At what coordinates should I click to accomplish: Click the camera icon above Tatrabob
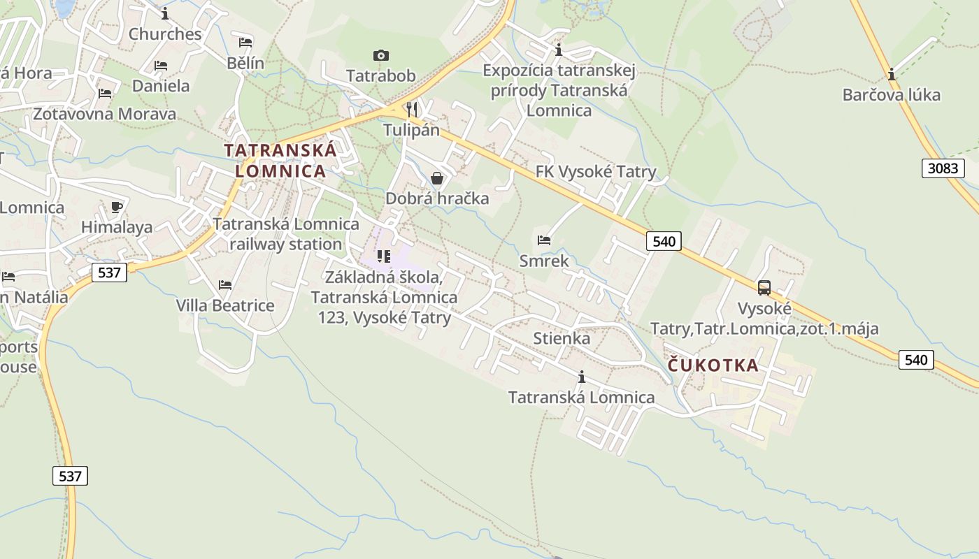click(x=380, y=55)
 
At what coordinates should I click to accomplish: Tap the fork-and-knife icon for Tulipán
click(x=412, y=109)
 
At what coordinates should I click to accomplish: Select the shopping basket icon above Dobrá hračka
click(x=437, y=178)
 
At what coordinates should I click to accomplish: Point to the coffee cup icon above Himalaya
click(x=117, y=207)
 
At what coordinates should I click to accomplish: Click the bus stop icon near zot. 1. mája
click(x=764, y=287)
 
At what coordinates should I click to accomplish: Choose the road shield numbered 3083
click(x=943, y=168)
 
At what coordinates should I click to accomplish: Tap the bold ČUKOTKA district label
click(x=713, y=365)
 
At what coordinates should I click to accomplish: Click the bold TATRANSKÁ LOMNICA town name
click(x=280, y=160)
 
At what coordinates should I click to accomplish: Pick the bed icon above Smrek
click(x=544, y=240)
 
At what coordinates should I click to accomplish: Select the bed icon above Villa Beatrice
click(x=224, y=285)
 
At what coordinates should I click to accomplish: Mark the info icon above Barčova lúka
click(x=892, y=74)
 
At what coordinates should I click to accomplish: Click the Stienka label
click(x=562, y=338)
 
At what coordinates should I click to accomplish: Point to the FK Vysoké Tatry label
click(x=596, y=172)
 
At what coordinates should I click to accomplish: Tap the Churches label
click(x=165, y=34)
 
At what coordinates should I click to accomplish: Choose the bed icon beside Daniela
click(x=161, y=66)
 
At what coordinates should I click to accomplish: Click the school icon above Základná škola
click(x=383, y=256)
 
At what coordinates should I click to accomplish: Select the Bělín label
click(x=245, y=63)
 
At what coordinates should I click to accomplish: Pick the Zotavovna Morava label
click(x=105, y=113)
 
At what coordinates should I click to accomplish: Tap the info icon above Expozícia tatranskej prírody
click(x=558, y=50)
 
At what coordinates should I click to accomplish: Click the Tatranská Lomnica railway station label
click(x=285, y=234)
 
